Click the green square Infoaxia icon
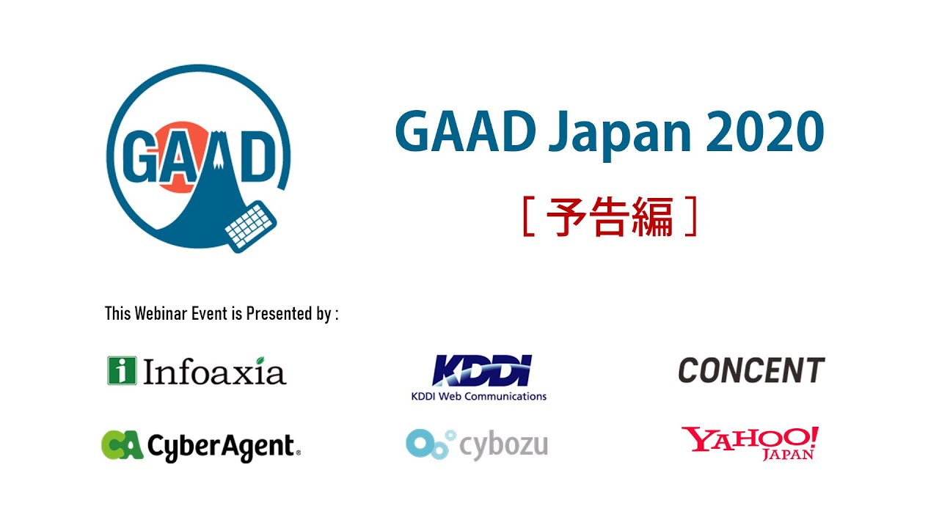pyautogui.click(x=121, y=370)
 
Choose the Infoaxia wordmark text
pyautogui.click(x=214, y=372)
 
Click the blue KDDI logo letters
pyautogui.click(x=481, y=371)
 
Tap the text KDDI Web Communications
pyautogui.click(x=478, y=397)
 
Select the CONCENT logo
pyautogui.click(x=751, y=370)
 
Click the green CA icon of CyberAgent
pyautogui.click(x=122, y=445)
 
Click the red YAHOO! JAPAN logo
pyautogui.click(x=750, y=443)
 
